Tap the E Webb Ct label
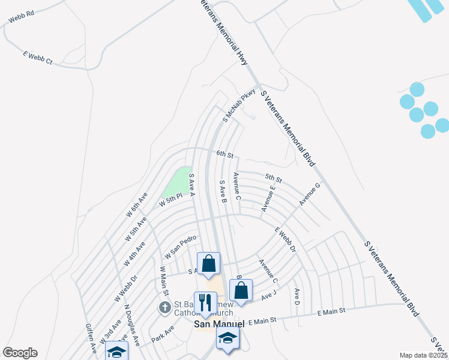click(38, 58)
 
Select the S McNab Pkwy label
click(239, 106)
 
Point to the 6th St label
click(224, 154)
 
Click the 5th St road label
click(274, 178)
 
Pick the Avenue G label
click(310, 194)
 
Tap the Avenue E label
click(268, 198)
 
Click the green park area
click(176, 183)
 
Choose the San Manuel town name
click(219, 324)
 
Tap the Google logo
click(20, 353)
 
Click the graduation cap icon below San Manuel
click(228, 339)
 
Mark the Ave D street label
click(297, 296)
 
